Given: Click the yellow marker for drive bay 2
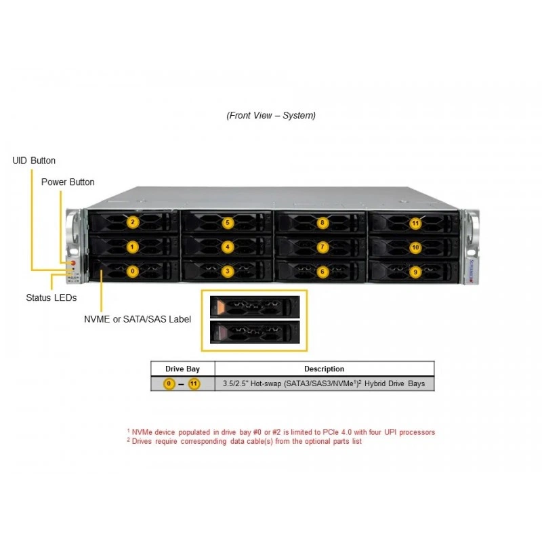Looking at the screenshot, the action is (133, 222).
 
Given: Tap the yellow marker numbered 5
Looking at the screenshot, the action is (228, 223).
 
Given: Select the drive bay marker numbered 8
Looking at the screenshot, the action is (322, 223).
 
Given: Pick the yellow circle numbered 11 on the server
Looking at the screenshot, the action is (415, 224).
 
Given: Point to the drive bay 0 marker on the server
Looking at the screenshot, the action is (133, 272).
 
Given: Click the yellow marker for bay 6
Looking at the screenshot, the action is (322, 272).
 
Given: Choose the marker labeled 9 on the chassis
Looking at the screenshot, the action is (415, 272).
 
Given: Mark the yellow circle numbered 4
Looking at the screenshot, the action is (228, 247).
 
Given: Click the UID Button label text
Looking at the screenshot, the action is (34, 161).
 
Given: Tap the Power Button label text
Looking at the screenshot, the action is (68, 182).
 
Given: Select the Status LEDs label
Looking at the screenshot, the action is (51, 297).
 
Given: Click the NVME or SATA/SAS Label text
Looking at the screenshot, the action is (138, 319).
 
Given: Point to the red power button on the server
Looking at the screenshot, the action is (73, 263).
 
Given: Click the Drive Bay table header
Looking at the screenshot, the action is (182, 369).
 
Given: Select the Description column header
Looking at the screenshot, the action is (325, 369).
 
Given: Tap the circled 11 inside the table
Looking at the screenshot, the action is (194, 383).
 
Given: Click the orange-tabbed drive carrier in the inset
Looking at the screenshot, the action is (255, 307).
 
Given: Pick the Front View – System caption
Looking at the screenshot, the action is (271, 115).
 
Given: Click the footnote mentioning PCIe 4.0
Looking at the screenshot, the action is (281, 432).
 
